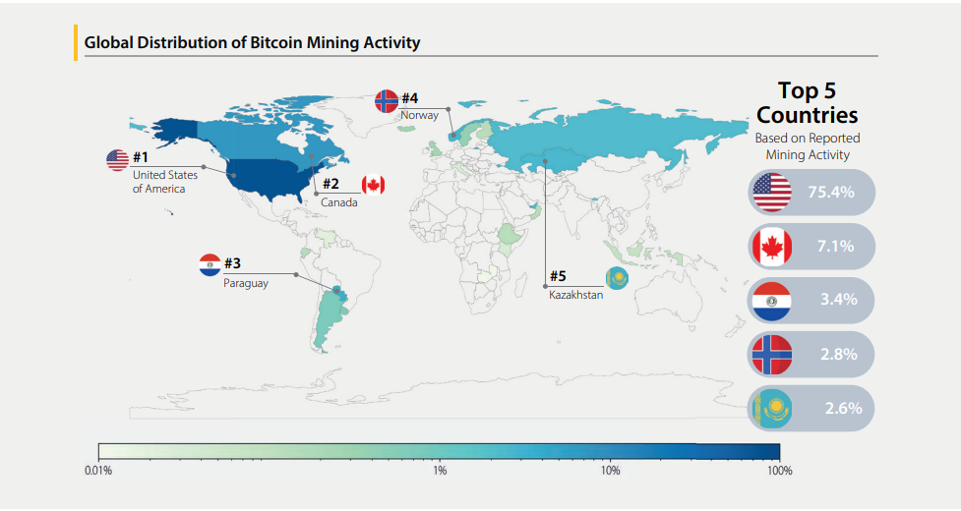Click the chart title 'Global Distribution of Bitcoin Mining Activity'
click(252, 42)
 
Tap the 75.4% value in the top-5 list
click(831, 192)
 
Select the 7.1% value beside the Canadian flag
click(835, 246)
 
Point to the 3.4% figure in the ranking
click(838, 299)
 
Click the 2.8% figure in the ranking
click(839, 353)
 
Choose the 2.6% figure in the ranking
click(843, 407)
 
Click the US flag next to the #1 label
click(118, 159)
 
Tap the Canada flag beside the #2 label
click(373, 184)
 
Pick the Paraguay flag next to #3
click(210, 264)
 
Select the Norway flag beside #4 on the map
click(387, 101)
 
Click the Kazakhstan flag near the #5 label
click(618, 279)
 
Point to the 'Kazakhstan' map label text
click(575, 295)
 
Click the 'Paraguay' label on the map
click(245, 283)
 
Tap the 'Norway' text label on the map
click(419, 115)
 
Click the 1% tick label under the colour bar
click(440, 471)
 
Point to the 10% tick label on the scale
click(610, 471)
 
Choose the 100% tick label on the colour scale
click(779, 471)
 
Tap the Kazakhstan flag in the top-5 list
click(770, 408)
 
